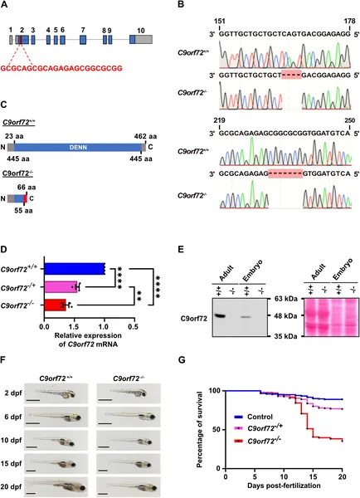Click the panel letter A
6,7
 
